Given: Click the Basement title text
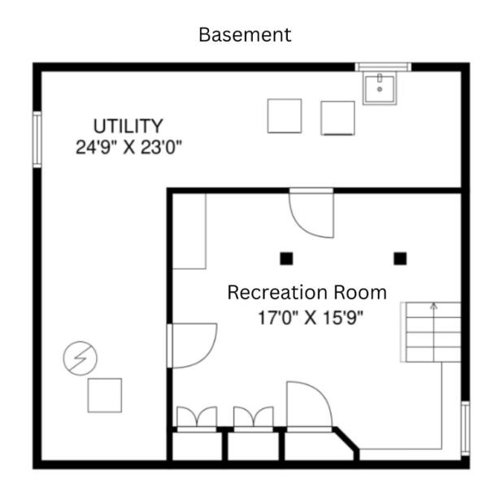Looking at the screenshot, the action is click(x=245, y=34).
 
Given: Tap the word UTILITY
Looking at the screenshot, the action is click(x=128, y=126).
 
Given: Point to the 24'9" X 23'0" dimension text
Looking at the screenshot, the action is click(x=128, y=147).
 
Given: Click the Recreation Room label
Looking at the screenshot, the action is click(x=307, y=293).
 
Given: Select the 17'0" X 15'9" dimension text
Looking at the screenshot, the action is click(x=311, y=318).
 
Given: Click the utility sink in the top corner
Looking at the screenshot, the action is click(x=380, y=88).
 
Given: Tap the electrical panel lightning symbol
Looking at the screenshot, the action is click(x=80, y=358).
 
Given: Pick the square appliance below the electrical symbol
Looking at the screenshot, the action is click(x=105, y=395).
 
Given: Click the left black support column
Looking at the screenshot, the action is click(x=286, y=259).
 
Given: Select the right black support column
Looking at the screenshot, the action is click(x=400, y=259).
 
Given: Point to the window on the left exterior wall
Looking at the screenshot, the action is click(x=37, y=139).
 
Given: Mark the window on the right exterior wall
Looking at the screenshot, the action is click(x=465, y=428).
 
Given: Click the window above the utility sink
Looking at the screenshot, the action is click(x=383, y=67).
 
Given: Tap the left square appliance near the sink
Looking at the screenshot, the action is click(x=285, y=115).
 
